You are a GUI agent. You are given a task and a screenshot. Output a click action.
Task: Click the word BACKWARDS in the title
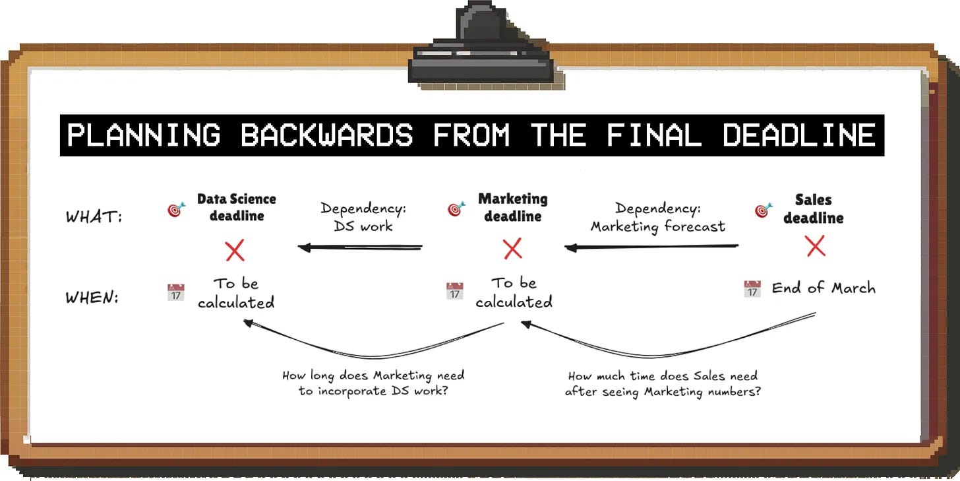point(326,136)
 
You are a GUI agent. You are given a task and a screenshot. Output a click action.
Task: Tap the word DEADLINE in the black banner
point(798,136)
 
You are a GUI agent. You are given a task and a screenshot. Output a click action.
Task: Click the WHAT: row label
point(94,217)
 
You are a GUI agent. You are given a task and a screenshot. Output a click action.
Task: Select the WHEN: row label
point(92,298)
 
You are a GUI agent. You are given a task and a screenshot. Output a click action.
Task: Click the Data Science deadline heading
point(237,207)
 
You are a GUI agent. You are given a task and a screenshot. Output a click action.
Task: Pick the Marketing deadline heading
point(513,207)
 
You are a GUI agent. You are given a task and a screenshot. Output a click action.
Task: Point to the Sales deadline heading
point(813,208)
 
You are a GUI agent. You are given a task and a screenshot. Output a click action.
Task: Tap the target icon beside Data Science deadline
point(176,210)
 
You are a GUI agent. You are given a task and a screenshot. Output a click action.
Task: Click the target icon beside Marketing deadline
point(456,210)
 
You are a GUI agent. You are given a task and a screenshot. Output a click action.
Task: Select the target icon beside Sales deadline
point(764,210)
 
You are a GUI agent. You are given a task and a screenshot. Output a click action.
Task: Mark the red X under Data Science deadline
point(235,251)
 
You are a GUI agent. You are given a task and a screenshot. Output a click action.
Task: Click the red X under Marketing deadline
point(512,249)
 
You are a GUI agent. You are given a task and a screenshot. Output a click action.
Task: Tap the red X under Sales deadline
point(816,247)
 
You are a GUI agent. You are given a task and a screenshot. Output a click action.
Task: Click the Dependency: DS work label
point(363,217)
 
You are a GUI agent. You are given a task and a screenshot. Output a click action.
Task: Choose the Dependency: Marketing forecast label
point(657,217)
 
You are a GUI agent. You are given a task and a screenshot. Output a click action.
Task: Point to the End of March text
point(824,288)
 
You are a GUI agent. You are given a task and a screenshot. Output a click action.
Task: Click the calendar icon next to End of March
point(752,289)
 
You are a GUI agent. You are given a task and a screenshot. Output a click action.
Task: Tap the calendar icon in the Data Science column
point(176,292)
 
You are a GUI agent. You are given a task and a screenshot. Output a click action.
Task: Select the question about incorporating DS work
point(373,383)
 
